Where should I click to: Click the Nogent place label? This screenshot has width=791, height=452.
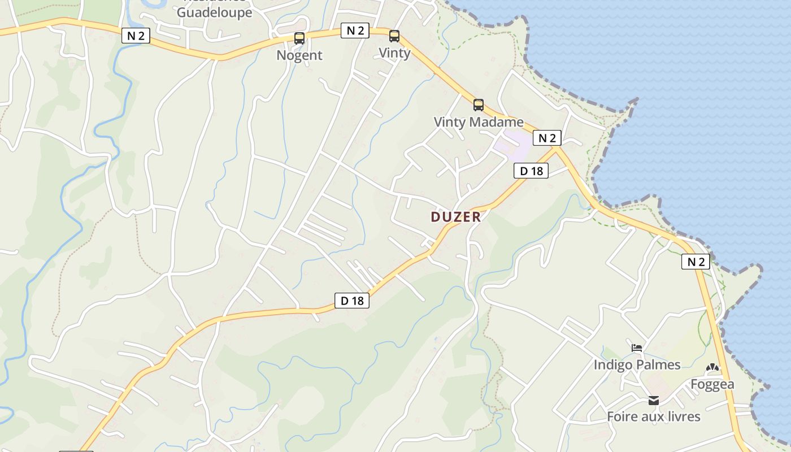coord(299,55)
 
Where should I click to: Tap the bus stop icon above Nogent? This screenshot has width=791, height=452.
coord(299,38)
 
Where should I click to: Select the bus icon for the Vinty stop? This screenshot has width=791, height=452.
coord(394,36)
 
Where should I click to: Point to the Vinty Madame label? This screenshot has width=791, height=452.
coord(479,122)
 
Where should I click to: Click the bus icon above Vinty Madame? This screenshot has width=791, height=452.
coord(479,105)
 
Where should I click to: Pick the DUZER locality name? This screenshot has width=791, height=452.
coord(455,217)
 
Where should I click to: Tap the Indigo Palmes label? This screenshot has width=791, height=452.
coord(637,365)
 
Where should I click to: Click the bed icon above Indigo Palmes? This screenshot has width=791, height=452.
coord(637,348)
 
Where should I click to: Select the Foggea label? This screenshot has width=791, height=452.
coord(712,385)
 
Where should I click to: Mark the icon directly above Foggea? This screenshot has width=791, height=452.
coord(712,368)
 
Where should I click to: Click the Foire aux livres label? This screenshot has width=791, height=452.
coord(654,417)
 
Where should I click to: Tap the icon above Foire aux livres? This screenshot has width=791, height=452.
coord(654,401)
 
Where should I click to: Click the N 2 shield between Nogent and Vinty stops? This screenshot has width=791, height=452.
coord(355,31)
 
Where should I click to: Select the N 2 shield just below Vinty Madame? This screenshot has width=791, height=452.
coord(547,138)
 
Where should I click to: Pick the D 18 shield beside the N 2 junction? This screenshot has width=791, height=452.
coord(531,171)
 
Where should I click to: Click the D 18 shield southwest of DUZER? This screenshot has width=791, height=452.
coord(353,301)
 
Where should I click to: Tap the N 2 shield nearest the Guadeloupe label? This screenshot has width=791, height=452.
coord(136,36)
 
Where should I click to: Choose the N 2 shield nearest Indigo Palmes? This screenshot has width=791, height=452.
coord(696,262)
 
